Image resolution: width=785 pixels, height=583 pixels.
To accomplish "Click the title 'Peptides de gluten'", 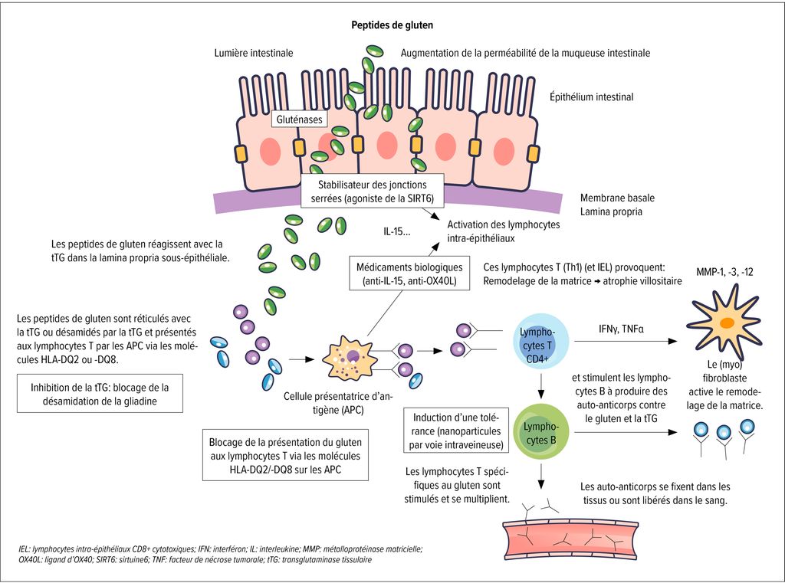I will [x=392, y=25].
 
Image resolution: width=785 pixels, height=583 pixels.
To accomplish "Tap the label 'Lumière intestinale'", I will [x=253, y=53].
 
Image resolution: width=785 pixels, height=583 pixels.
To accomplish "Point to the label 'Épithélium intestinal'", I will [x=591, y=97].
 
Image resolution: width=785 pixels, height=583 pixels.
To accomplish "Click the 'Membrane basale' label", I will [x=617, y=198].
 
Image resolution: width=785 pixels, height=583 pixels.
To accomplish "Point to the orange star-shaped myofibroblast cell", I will [x=724, y=320].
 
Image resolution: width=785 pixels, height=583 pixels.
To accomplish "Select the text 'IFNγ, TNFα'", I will [x=622, y=328].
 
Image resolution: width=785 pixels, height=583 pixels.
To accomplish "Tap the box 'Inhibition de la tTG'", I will [x=100, y=394].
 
